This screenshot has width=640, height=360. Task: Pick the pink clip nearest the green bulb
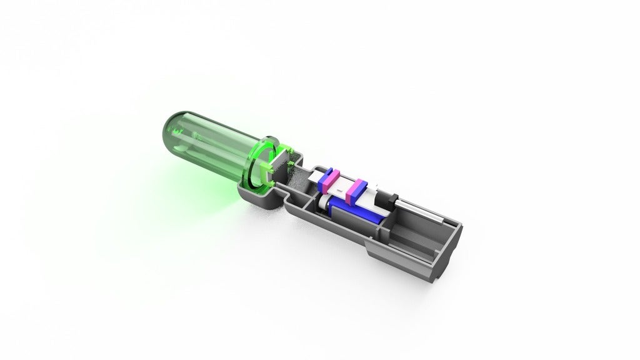point(329,180)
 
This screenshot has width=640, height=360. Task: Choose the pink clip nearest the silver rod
point(357,191)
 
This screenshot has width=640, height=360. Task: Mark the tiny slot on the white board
point(341,186)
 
